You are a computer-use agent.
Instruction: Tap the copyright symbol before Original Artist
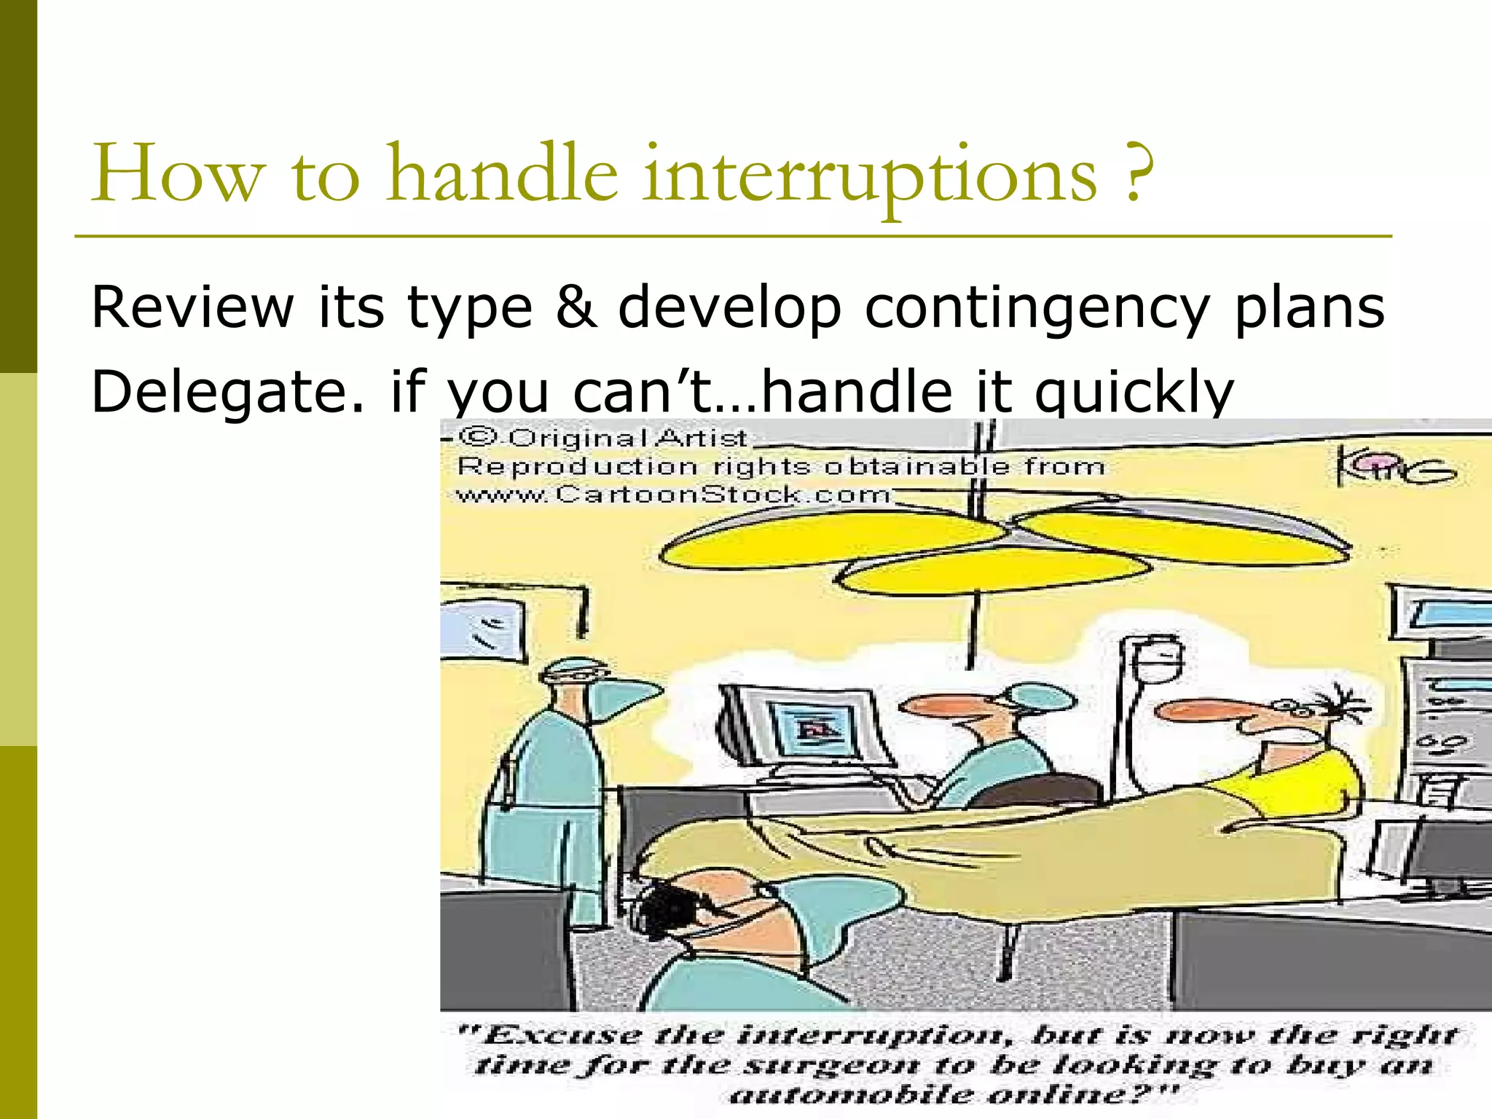479,437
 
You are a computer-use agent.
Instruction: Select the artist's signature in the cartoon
1395,469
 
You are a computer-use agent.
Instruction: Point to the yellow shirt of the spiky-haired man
1304,780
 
